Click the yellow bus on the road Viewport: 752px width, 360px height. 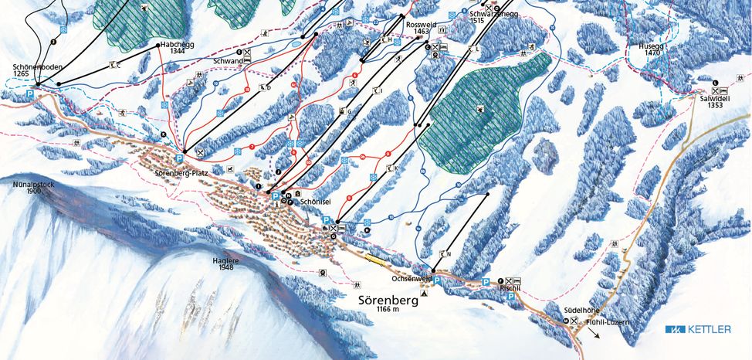click(375, 259)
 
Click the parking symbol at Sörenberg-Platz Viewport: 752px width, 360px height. click(179, 158)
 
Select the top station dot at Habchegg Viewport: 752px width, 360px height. click(158, 46)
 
